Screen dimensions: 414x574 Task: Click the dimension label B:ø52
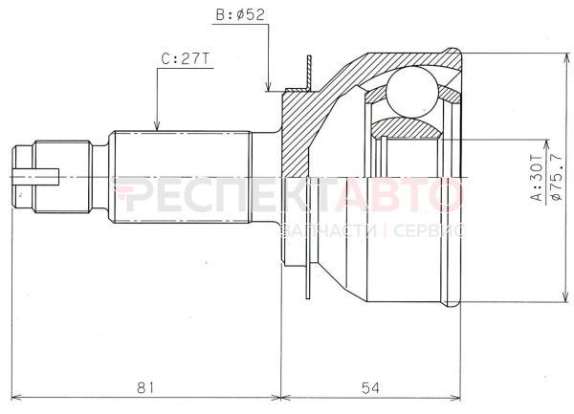[x=238, y=16]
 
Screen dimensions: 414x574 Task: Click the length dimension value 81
[x=145, y=387]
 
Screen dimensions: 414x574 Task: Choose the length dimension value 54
[x=369, y=387]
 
